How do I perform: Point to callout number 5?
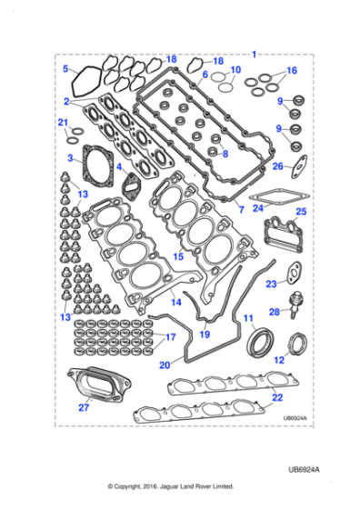65,68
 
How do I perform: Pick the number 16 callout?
291,70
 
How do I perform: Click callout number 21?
63,123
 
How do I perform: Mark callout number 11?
245,317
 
